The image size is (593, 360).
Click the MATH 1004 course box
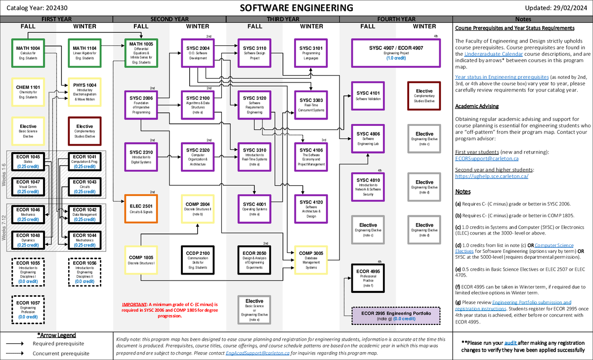[x=28, y=52]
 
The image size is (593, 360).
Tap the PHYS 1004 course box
[x=85, y=91]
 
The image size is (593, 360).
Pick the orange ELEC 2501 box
[x=141, y=208]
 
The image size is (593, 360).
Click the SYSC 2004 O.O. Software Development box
[x=198, y=52]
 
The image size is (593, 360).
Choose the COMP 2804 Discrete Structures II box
[x=198, y=208]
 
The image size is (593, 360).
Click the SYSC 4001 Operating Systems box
[x=254, y=208]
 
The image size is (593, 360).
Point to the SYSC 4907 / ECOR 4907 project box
[x=396, y=52]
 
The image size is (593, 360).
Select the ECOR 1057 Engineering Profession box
[x=28, y=309]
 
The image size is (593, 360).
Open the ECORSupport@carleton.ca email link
[x=486, y=159]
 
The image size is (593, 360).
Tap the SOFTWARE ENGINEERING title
[x=296, y=7]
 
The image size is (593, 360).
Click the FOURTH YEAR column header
[x=396, y=19]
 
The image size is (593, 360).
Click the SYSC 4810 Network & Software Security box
[x=368, y=186]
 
